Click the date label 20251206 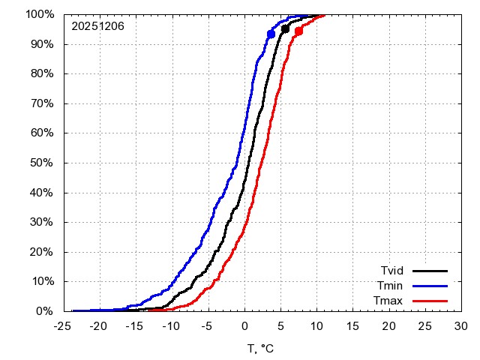click(x=97, y=26)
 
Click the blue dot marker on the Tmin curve click(x=271, y=34)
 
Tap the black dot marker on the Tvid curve click(x=285, y=29)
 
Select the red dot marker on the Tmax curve click(x=298, y=31)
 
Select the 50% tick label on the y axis click(x=41, y=163)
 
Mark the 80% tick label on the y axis click(x=41, y=73)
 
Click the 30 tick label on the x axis click(x=461, y=327)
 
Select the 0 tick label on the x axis click(x=244, y=327)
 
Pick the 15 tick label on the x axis click(x=352, y=327)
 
